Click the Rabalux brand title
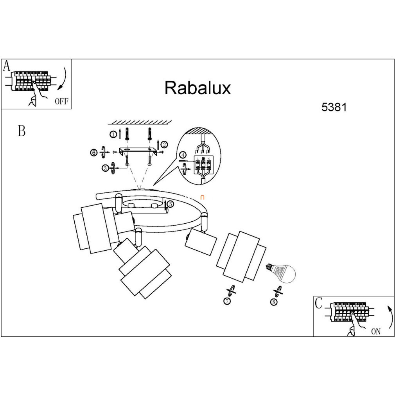197,88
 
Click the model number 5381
334,107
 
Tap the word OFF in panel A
61,102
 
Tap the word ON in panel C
376,332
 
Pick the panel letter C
319,303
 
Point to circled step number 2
164,145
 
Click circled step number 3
105,168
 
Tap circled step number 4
183,155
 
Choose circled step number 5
170,204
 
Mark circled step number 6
93,153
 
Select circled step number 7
227,301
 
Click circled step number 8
274,302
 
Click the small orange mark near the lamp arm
202,198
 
